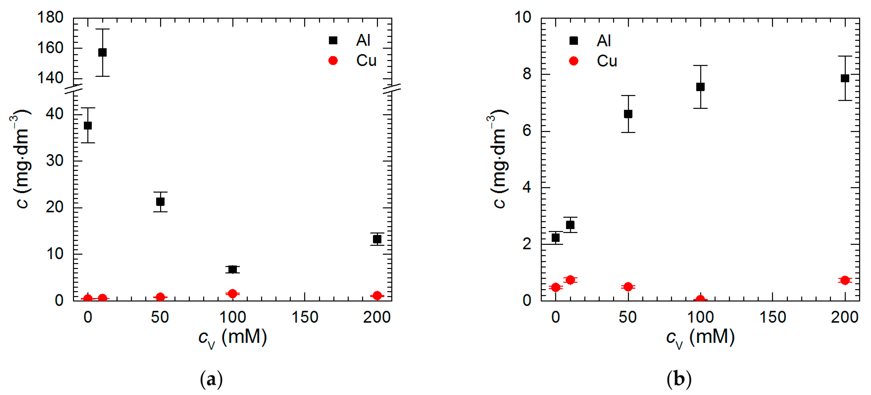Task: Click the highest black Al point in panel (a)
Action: (102, 52)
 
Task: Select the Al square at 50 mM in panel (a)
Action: (160, 202)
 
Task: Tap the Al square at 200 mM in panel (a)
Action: (377, 239)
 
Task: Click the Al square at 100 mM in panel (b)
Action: (700, 87)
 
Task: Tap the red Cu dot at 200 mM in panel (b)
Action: (845, 280)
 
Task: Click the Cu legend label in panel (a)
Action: (366, 61)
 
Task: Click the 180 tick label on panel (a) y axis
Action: (50, 17)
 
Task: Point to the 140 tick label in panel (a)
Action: (50, 78)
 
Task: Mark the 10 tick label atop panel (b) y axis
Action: (523, 17)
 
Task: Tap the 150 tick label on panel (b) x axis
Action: (773, 317)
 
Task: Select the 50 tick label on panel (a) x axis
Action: (160, 317)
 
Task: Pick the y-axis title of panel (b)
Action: (498, 159)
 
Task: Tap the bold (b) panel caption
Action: (679, 379)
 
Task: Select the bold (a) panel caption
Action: (211, 379)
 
